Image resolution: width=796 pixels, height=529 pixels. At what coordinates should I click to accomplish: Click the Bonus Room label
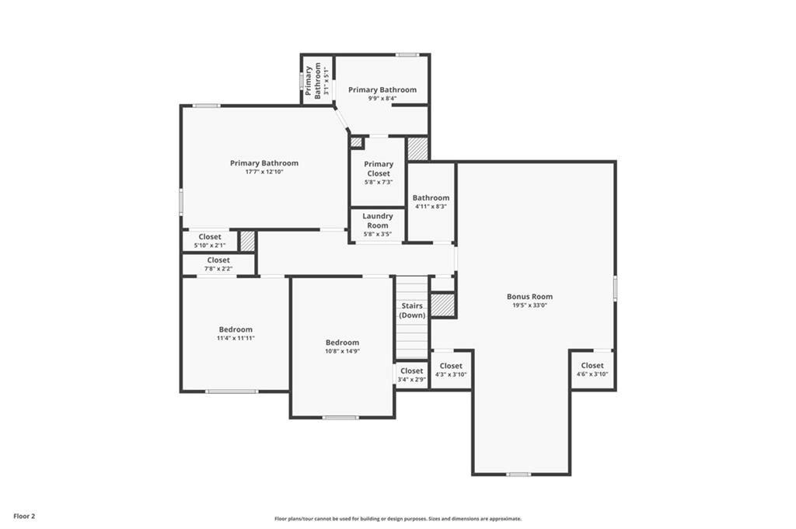pyautogui.click(x=529, y=297)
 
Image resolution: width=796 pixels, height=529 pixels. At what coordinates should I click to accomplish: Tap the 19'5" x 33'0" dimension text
pyautogui.click(x=529, y=305)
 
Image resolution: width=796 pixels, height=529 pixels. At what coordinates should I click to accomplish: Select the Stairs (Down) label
pyautogui.click(x=412, y=311)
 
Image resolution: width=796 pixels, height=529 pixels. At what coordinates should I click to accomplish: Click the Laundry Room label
pyautogui.click(x=378, y=221)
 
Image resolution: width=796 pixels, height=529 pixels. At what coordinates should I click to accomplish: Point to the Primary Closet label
pyautogui.click(x=379, y=169)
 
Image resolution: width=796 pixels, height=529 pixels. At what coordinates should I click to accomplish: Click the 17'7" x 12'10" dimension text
pyautogui.click(x=264, y=172)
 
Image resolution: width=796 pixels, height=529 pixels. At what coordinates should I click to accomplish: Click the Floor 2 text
pyautogui.click(x=24, y=516)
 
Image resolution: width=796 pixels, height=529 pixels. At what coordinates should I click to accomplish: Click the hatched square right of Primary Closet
pyautogui.click(x=417, y=148)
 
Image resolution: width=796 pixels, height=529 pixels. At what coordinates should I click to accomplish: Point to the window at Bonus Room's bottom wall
pyautogui.click(x=518, y=474)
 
